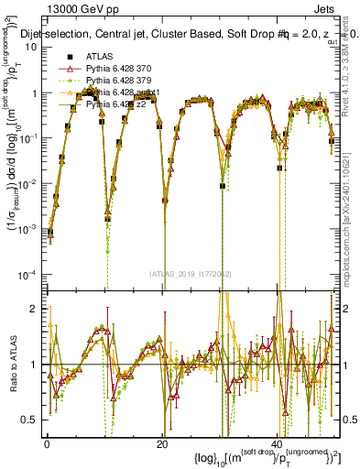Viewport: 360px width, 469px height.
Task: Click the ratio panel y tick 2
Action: coord(36,309)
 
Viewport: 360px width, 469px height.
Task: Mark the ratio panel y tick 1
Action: coord(36,365)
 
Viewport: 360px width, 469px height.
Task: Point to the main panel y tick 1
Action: coord(36,93)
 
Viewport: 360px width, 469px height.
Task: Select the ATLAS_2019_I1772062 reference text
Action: coord(192,273)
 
